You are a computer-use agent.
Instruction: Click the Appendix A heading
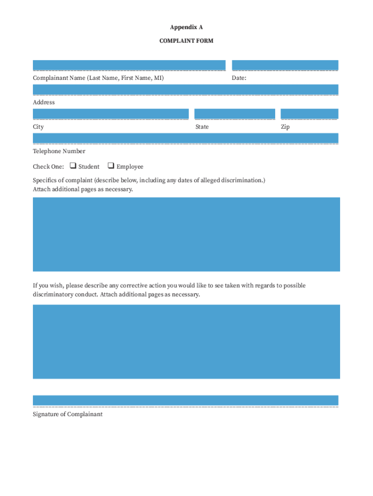click(186, 27)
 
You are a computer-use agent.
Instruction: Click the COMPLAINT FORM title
click(186, 41)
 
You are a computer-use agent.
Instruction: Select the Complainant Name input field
click(129, 65)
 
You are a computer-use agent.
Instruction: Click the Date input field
click(285, 65)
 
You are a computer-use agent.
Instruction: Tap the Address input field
click(186, 90)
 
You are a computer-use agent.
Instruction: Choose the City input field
click(110, 114)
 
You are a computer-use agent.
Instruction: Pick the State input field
click(234, 114)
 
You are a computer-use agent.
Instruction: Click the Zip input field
click(309, 114)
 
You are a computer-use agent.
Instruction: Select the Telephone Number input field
click(186, 138)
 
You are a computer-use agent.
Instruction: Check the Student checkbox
click(73, 166)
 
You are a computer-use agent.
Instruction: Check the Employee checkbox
click(110, 166)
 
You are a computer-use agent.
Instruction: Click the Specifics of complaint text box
click(186, 234)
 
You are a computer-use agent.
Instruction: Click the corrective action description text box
click(186, 341)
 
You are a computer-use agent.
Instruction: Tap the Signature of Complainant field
click(186, 400)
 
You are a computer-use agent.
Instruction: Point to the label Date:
click(239, 77)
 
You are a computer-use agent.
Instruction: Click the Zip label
click(285, 127)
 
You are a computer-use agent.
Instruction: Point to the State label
click(202, 127)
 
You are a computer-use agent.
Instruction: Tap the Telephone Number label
click(59, 151)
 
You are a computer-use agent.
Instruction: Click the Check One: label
click(48, 167)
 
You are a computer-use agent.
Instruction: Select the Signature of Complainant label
click(68, 414)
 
